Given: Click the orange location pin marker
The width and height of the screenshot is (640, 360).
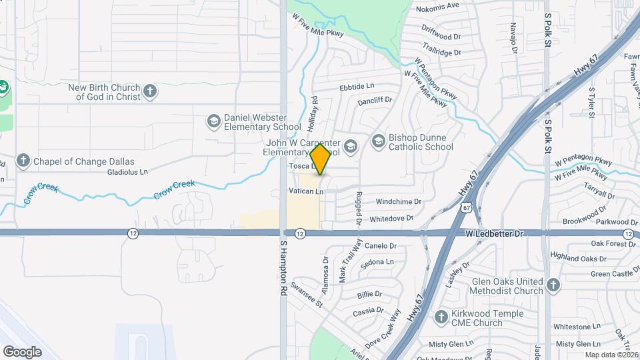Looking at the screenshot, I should point(321,159).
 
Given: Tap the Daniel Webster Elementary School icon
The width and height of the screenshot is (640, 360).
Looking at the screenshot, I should point(214,121).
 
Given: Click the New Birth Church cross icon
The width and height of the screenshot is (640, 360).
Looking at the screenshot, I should point(151,91).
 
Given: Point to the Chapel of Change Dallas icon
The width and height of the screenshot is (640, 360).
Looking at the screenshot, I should point(23,161).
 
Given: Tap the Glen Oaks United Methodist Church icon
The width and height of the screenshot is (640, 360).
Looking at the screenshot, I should point(553,285).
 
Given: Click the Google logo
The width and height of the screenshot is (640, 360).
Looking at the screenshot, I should point(22,351).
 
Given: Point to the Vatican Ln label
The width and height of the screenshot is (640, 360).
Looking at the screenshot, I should point(306,191).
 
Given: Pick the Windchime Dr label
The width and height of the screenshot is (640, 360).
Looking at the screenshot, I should point(399,201).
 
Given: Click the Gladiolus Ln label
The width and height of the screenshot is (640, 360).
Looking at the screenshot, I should point(127,172).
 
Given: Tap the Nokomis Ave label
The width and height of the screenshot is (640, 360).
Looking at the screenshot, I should point(437,6).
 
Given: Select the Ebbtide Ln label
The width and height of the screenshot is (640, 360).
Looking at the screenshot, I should point(357,87).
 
